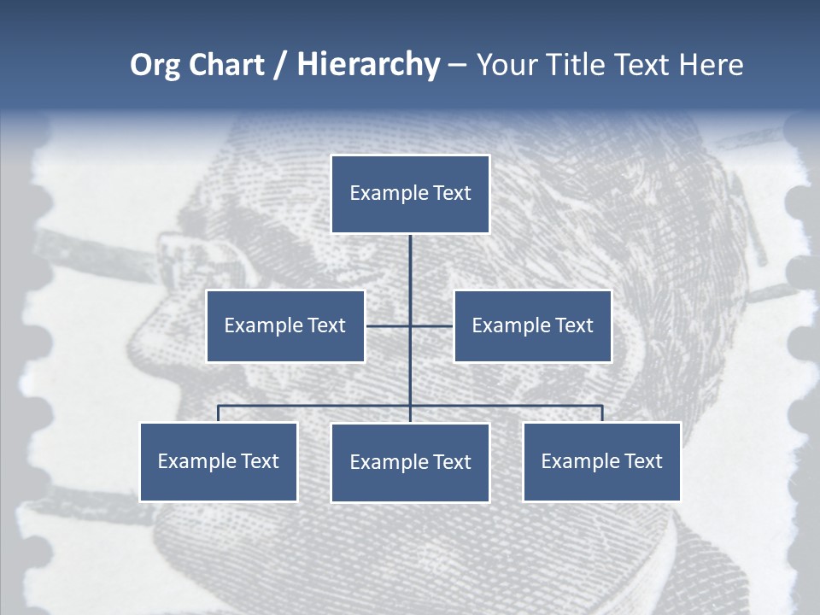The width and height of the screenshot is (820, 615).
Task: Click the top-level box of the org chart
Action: click(410, 194)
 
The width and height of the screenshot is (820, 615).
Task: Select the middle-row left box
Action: click(285, 325)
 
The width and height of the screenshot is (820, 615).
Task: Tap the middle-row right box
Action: click(532, 325)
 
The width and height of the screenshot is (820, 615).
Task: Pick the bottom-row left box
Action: click(219, 461)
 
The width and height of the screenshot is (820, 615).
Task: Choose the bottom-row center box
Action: click(410, 462)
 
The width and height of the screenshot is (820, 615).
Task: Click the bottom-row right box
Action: click(601, 461)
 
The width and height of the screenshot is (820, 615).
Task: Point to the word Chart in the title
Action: click(225, 65)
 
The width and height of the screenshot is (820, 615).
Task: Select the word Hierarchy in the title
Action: click(368, 65)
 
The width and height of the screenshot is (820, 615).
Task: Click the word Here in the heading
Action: click(711, 65)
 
